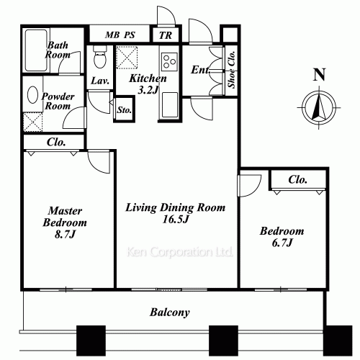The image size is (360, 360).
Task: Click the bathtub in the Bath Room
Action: (36, 50)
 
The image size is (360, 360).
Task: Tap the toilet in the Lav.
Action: (100, 56)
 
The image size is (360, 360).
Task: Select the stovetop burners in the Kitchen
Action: (169, 62)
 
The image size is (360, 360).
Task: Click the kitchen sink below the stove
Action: (170, 105)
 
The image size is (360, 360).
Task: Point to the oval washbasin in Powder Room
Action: (32, 95)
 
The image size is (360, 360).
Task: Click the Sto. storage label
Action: (125, 110)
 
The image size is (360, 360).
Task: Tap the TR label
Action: (166, 35)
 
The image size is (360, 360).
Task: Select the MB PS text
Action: (120, 35)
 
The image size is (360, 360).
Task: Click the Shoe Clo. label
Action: (232, 70)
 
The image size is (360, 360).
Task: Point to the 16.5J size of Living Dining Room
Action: (176, 219)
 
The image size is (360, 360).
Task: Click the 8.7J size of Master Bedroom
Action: (65, 234)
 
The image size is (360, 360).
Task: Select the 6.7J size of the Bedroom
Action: (282, 243)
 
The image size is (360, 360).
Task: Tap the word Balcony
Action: (170, 312)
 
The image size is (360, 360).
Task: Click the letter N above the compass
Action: (320, 75)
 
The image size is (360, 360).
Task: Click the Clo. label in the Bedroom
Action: (297, 179)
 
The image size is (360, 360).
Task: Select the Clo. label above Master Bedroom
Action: (56, 143)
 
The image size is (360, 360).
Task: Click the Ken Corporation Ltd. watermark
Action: (180, 252)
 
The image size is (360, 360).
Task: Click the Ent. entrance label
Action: (201, 70)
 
